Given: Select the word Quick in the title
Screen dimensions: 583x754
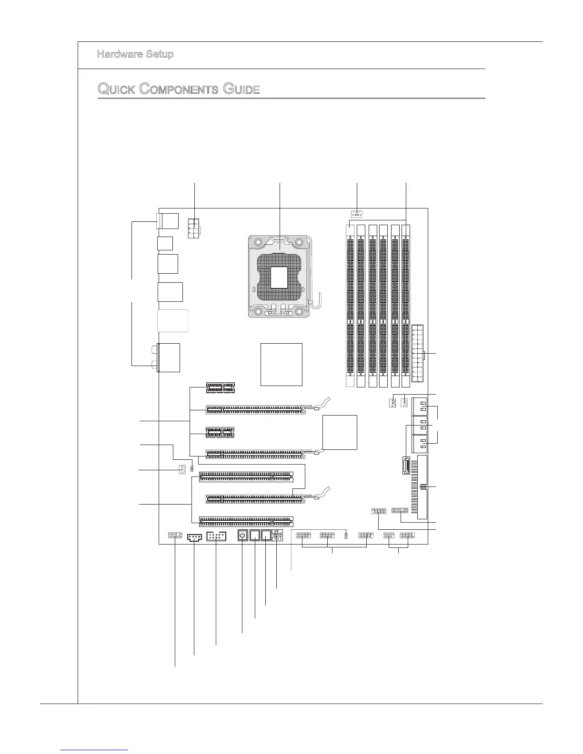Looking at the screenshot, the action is click(x=117, y=89).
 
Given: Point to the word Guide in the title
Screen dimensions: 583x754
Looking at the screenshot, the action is click(x=242, y=89).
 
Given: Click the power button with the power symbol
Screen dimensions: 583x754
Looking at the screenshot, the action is click(x=242, y=536).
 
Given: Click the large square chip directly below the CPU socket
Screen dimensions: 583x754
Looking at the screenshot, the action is click(x=281, y=364).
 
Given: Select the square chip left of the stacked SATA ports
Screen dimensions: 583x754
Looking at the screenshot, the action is click(x=340, y=432).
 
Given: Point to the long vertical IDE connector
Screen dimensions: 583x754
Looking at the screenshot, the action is click(x=422, y=487).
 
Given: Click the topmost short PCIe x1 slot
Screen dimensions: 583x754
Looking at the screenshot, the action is click(x=221, y=387).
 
